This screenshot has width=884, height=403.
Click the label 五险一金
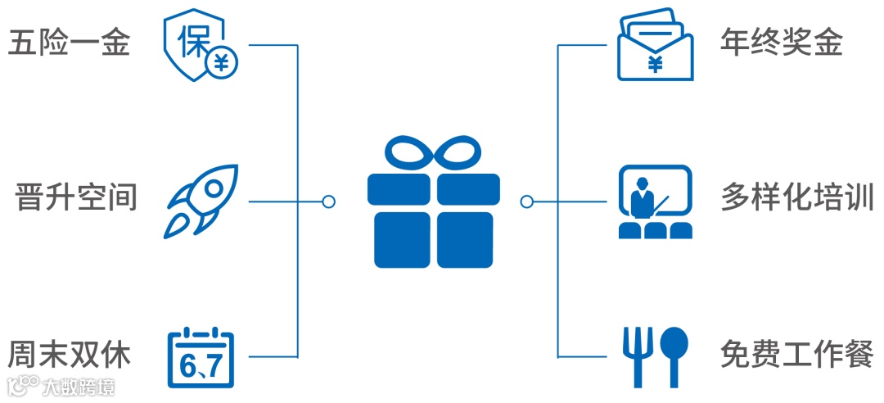(69, 43)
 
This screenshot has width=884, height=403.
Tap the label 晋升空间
(76, 197)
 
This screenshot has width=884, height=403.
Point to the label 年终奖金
(781, 43)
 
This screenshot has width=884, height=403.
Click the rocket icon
(202, 201)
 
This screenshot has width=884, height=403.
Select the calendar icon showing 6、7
(201, 358)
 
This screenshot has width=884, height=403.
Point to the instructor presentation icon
(655, 201)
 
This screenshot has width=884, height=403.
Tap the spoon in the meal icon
(674, 355)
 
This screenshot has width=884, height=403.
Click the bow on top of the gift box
(433, 153)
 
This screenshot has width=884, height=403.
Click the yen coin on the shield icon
(219, 61)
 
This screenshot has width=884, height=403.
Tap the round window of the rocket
(214, 188)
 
